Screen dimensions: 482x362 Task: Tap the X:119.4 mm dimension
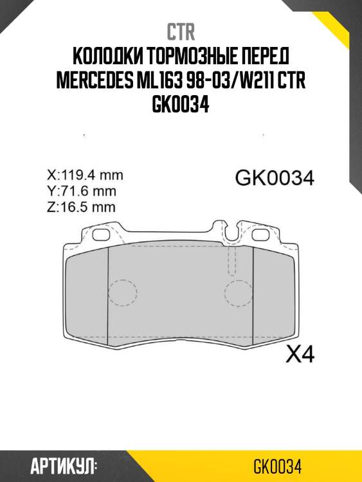click(85, 175)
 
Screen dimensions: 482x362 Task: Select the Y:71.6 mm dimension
click(82, 191)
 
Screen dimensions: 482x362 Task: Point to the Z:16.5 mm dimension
click(82, 207)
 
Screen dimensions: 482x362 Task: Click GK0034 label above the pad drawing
click(275, 178)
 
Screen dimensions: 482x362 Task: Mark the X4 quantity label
click(299, 353)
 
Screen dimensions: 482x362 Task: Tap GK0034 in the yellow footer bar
click(278, 465)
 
